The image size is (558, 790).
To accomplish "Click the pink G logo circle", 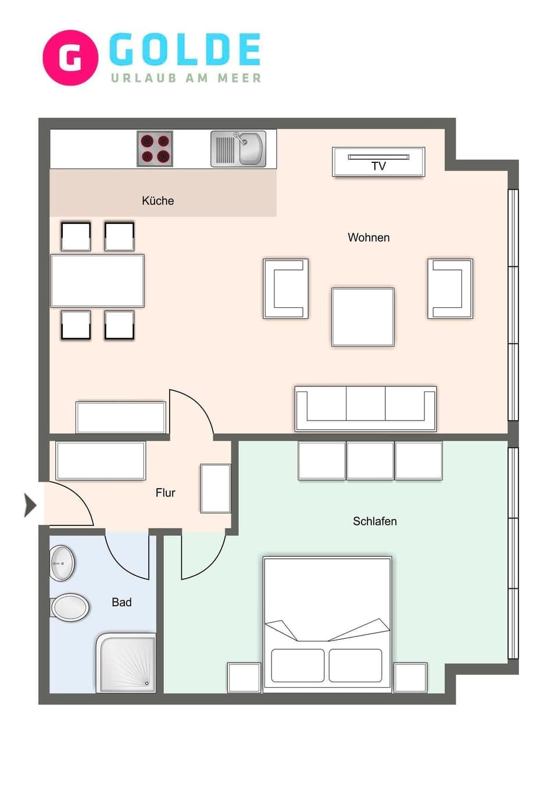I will tap(70, 58).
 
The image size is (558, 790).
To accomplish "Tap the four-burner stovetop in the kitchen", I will tap(155, 149).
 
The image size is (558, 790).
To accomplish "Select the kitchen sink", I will tap(238, 149).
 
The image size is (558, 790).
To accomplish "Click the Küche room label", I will tap(158, 201).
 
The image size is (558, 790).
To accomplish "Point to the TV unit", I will tap(378, 162).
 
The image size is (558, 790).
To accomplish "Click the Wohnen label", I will tap(369, 237).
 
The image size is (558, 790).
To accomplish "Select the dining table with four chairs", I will tap(98, 280).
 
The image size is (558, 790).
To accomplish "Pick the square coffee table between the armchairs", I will tap(363, 317).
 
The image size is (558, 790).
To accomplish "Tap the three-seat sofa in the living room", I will tap(366, 408).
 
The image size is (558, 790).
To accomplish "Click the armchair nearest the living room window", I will tap(450, 289).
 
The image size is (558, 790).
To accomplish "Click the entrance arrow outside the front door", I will tap(30, 505).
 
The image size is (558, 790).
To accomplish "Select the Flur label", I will tap(165, 493).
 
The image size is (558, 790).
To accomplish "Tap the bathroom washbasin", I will tap(62, 563).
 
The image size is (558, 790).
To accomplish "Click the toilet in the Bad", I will tap(70, 608).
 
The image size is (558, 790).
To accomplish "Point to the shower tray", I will tap(127, 663).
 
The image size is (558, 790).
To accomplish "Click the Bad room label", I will tap(121, 602).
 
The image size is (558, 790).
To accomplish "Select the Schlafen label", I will tap(374, 521).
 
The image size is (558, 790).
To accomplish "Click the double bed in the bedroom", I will tap(327, 622).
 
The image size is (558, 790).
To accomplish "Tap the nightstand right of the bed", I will tap(411, 677).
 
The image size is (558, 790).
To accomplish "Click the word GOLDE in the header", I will tap(185, 50).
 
